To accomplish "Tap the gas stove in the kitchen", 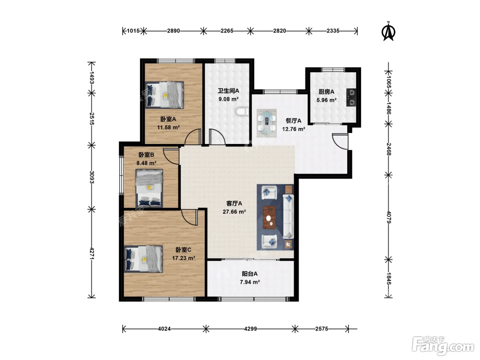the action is pos(351,97).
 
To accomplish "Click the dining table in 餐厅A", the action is pos(266,123).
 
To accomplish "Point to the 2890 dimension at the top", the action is pos(173,31).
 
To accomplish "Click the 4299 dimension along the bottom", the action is pos(250,329).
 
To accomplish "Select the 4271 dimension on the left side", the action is pos(92,254).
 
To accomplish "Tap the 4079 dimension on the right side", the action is pos(388,217).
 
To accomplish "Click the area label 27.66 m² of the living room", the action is pos(234,212).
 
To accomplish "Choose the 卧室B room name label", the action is pos(146,155).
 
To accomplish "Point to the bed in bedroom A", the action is pos(165,95).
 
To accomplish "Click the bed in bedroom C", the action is pos(143,259).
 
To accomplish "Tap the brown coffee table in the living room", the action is pos(269,217).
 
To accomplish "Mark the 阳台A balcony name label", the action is pos(250,274).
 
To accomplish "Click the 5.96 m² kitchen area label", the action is pos(326,100).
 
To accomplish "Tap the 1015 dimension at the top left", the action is pos(133,31).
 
